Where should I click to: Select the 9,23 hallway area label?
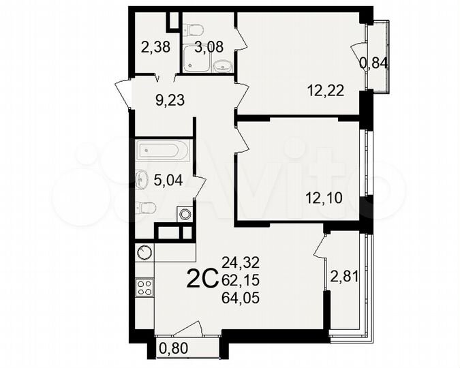click(x=170, y=100)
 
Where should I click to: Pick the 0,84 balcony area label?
click(x=374, y=63)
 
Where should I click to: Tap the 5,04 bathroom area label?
click(x=167, y=181)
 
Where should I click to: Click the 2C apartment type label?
click(x=202, y=279)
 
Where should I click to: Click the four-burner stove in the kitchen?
click(x=144, y=288)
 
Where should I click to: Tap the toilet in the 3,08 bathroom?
click(x=194, y=30)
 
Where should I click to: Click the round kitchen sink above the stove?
click(x=144, y=253)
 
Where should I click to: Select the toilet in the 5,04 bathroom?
click(x=147, y=207)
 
